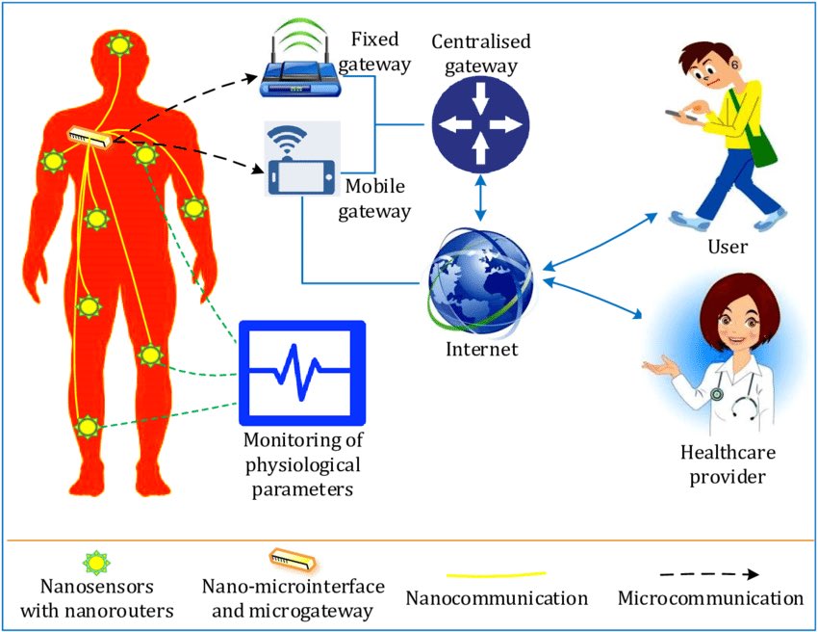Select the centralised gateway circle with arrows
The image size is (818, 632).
(480, 124)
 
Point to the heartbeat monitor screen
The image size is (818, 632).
(302, 373)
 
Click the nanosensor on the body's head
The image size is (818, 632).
(120, 45)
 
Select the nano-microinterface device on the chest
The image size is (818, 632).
(89, 138)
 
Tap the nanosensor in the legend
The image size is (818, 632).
(96, 563)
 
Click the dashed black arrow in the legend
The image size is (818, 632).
(709, 574)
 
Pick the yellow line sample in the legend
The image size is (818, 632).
(497, 575)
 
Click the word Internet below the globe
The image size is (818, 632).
(481, 349)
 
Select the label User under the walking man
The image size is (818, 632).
(728, 246)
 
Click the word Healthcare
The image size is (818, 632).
(728, 452)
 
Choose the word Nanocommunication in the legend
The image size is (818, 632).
(497, 598)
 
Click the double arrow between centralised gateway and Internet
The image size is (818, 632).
(480, 197)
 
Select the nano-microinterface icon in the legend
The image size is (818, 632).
(293, 560)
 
